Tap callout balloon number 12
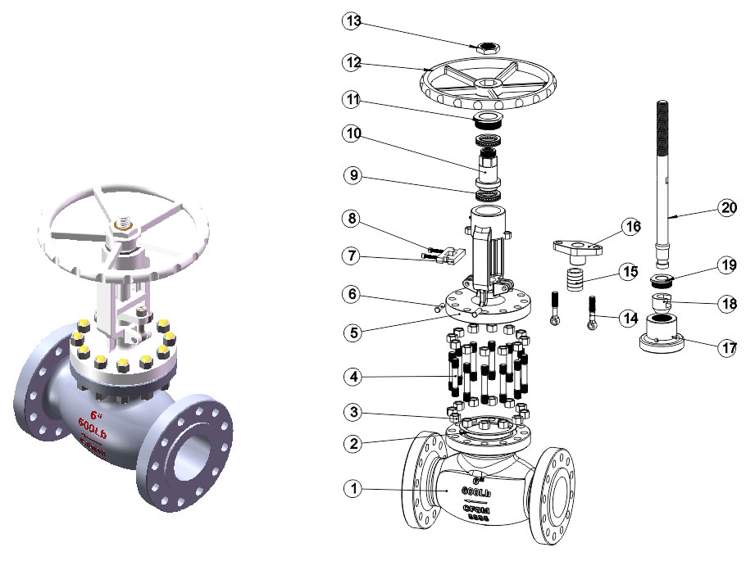tap(352, 61)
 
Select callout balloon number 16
tap(630, 227)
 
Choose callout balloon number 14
tap(630, 318)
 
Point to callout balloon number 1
tap(352, 489)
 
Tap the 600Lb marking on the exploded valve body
tap(475, 492)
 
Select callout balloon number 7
tap(352, 256)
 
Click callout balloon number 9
tap(352, 174)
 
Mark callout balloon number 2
tap(352, 443)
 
